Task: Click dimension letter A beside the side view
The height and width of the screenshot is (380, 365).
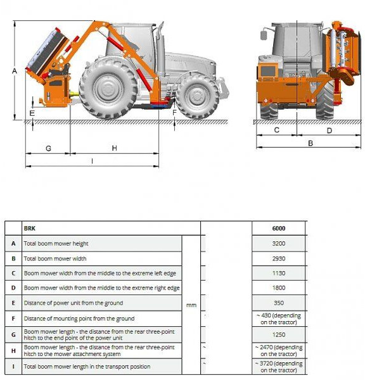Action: pyautogui.click(x=14, y=72)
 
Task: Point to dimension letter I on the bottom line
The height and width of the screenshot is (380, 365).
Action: pyautogui.click(x=93, y=161)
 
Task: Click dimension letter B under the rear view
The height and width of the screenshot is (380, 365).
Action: pyautogui.click(x=310, y=143)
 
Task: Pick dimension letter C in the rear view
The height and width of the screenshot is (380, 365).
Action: pyautogui.click(x=276, y=130)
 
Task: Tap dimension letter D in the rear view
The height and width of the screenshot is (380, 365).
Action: pyautogui.click(x=329, y=130)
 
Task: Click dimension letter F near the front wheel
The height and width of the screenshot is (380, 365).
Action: pyautogui.click(x=175, y=112)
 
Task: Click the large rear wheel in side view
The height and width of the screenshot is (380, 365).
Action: pyautogui.click(x=108, y=88)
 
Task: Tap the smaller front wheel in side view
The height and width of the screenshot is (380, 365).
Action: pyautogui.click(x=197, y=96)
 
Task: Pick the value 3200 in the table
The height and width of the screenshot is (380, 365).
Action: pyautogui.click(x=279, y=243)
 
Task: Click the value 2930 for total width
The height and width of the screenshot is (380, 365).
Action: pyautogui.click(x=279, y=258)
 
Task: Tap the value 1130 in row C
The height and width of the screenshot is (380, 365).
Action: pyautogui.click(x=279, y=273)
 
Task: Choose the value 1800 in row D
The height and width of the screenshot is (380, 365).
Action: pyautogui.click(x=279, y=288)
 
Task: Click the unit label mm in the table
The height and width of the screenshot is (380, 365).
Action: pyautogui.click(x=191, y=305)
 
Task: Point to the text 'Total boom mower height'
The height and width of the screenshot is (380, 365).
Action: pyautogui.click(x=56, y=243)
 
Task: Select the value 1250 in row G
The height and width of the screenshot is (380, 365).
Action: pyautogui.click(x=279, y=334)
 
